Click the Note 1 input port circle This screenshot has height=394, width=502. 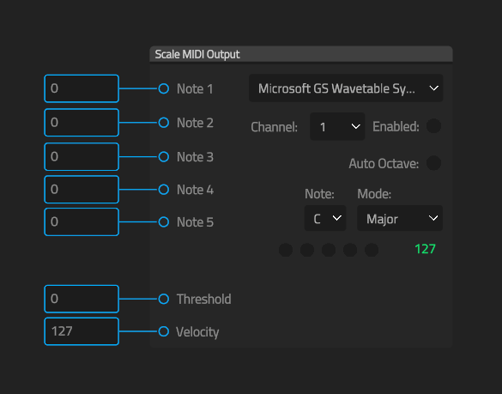[164, 88]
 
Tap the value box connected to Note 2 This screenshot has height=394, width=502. [82, 123]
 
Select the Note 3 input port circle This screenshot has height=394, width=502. [164, 156]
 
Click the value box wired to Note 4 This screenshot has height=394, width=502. [82, 190]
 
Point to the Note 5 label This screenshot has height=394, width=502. [195, 222]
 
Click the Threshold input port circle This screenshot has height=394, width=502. [164, 299]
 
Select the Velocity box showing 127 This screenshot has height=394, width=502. [82, 331]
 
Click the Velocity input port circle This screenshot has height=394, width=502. [164, 331]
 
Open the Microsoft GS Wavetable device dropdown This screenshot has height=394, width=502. [346, 88]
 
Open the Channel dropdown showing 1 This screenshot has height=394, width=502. [337, 126]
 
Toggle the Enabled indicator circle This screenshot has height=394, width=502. [434, 126]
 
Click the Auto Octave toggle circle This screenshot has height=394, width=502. [434, 163]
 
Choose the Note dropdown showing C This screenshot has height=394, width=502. [325, 218]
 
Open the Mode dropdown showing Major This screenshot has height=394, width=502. [400, 218]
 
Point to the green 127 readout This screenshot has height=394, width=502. [425, 249]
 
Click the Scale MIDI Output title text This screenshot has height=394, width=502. [197, 54]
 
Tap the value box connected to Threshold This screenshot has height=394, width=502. [82, 299]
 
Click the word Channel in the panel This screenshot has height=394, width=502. [274, 127]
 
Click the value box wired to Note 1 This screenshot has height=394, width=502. [82, 88]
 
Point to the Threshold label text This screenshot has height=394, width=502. [204, 300]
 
